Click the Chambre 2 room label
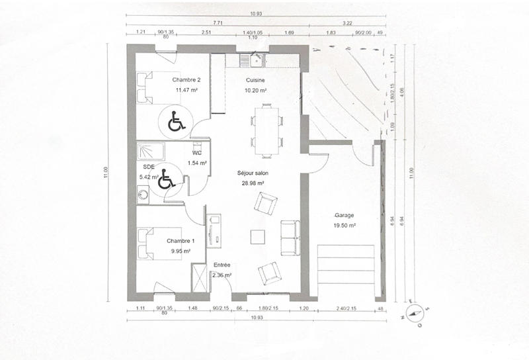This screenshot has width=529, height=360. (x=186, y=80)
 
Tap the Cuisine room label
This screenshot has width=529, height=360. (x=255, y=80)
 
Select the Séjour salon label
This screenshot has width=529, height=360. (x=251, y=173)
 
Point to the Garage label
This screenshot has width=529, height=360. (x=344, y=216)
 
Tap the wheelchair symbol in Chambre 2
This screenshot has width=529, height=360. (x=175, y=122)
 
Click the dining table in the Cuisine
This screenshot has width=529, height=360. (x=266, y=130)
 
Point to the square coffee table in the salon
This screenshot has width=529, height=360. (x=259, y=236)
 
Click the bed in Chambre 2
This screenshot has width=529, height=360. (x=148, y=87)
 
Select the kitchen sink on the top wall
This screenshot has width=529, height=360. (x=252, y=60)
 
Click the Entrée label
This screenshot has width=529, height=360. (x=222, y=265)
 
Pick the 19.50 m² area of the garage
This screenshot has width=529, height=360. (x=344, y=226)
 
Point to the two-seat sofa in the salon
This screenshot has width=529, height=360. (x=290, y=238)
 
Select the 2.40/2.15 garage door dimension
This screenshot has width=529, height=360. (x=346, y=308)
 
